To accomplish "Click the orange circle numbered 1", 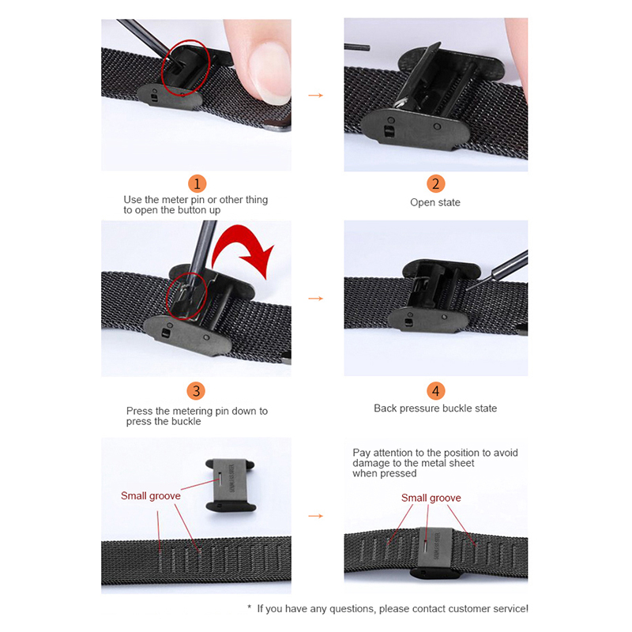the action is (x=197, y=184).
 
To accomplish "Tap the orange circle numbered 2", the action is (x=436, y=184).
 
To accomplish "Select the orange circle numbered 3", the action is (x=196, y=391).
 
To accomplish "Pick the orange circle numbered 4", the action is (x=436, y=391).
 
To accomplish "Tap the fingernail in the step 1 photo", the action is (x=269, y=73).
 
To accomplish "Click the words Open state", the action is (x=435, y=202).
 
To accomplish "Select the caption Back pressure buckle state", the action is (x=435, y=408).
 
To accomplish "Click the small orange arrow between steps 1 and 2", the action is (x=315, y=96).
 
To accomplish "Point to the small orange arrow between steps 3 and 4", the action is (x=315, y=299).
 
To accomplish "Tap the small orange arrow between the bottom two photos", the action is (x=315, y=516).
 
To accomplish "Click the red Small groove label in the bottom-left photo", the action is (x=151, y=496).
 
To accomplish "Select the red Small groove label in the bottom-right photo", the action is (x=431, y=498).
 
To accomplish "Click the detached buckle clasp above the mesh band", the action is (x=231, y=485).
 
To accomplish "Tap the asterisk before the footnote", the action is (x=250, y=607).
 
